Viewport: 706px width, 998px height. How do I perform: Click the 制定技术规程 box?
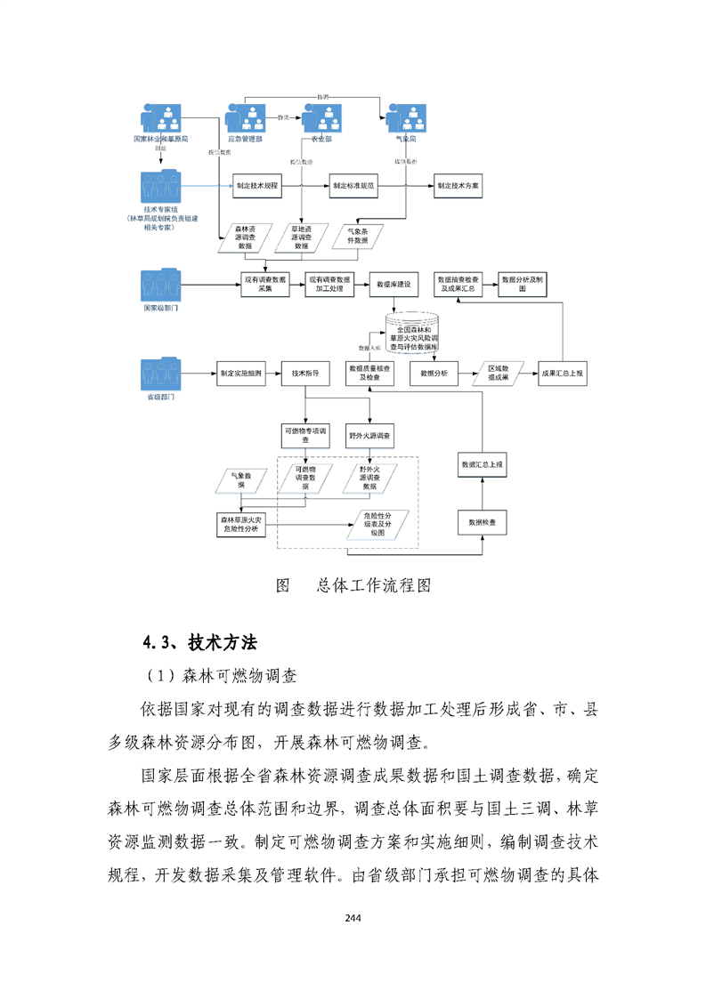(257, 188)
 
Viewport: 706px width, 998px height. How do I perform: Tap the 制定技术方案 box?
(458, 188)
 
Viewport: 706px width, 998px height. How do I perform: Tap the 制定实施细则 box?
(240, 374)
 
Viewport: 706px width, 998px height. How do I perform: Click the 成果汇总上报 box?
(563, 374)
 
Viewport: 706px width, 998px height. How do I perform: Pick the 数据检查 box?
(482, 522)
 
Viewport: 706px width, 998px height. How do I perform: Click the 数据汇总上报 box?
(482, 464)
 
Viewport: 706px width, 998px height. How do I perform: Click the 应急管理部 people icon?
(245, 118)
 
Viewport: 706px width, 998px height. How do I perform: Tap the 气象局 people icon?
(405, 118)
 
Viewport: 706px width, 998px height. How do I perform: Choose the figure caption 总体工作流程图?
(374, 586)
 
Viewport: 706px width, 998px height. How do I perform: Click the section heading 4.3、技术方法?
(199, 642)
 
